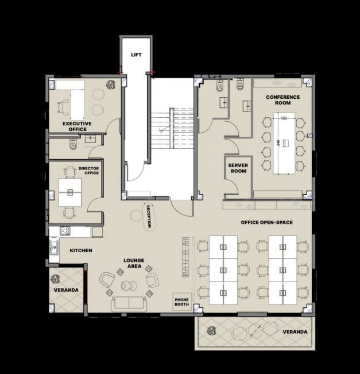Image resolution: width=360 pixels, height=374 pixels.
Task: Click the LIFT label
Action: pyautogui.click(x=136, y=55)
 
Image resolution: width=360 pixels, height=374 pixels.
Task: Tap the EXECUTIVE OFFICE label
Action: pyautogui.click(x=77, y=126)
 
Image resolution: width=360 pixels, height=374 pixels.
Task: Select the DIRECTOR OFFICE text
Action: pyautogui.click(x=88, y=171)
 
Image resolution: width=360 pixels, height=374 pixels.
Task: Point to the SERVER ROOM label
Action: pyautogui.click(x=238, y=168)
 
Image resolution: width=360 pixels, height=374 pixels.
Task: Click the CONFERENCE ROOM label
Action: pyautogui.click(x=283, y=100)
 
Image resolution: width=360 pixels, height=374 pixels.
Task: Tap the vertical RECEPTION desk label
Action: pyautogui.click(x=149, y=217)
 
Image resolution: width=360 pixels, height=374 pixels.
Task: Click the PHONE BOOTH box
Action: pyautogui.click(x=182, y=302)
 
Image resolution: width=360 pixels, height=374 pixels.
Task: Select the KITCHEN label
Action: pyautogui.click(x=81, y=250)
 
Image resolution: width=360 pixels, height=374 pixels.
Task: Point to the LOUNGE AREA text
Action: pyautogui.click(x=134, y=263)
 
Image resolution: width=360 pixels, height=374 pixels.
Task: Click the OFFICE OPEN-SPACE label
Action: pyautogui.click(x=267, y=222)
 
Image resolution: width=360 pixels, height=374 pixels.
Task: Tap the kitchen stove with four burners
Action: pyautogui.click(x=65, y=230)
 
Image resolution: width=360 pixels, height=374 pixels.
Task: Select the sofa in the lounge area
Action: pyautogui.click(x=129, y=304)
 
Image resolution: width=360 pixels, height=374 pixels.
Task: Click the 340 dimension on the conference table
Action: pyautogui.click(x=278, y=142)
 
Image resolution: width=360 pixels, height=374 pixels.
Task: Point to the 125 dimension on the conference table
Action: pyautogui.click(x=284, y=118)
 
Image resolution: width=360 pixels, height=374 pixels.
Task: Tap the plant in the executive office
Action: pyautogui.click(x=111, y=84)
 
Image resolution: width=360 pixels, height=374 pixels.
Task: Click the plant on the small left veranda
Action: pyautogui.click(x=55, y=279)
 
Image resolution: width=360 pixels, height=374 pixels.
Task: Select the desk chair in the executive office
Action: pyautogui.click(x=63, y=106)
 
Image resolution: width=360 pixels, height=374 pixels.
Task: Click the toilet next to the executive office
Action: pyautogui.click(x=73, y=144)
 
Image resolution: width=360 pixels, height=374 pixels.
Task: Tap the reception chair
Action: pyautogui.click(x=136, y=215)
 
